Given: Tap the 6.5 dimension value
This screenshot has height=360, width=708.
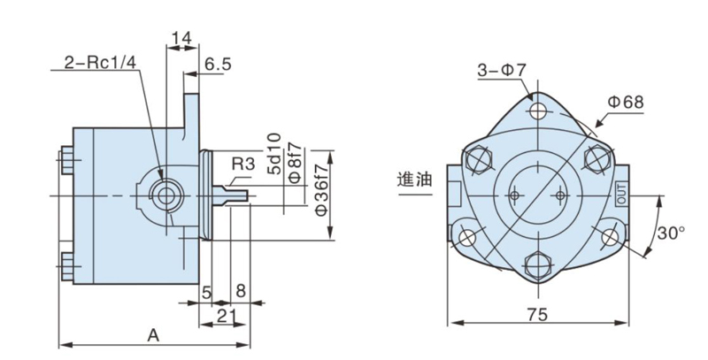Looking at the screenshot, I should click(x=218, y=65).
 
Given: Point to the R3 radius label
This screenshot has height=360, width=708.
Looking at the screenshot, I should click(x=243, y=164).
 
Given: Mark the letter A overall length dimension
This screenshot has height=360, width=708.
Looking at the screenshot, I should click(x=153, y=335).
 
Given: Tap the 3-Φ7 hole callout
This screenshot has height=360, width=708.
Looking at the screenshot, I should click(x=503, y=70).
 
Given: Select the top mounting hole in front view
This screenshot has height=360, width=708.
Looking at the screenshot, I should click(x=538, y=111).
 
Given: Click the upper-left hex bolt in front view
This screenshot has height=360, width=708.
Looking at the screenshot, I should click(x=477, y=162).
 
